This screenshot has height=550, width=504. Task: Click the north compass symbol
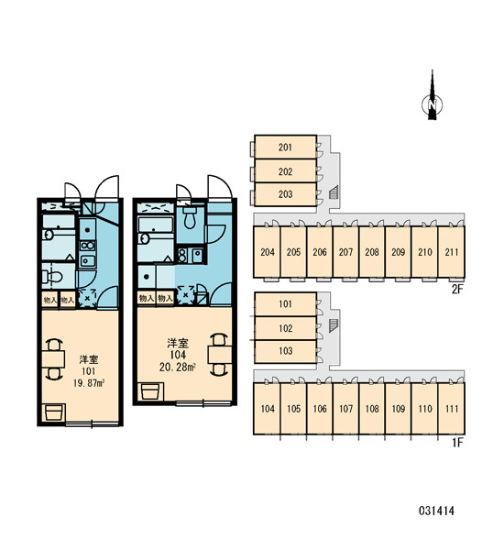pos(432,102)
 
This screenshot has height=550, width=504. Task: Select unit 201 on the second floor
pos(285,147)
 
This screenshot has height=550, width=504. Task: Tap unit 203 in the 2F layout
pos(285,194)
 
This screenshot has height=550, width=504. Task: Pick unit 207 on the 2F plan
pos(345,252)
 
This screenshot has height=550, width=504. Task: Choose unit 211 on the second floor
pos(452,252)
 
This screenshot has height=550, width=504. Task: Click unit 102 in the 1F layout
pos(285,328)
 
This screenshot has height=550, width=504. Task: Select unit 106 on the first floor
pos(320,409)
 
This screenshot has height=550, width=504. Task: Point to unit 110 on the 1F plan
pos(425,409)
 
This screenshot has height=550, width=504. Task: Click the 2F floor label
pos(457,289)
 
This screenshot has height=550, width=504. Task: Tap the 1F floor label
pos(457,443)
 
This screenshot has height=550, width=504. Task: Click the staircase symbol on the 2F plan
pos(334,192)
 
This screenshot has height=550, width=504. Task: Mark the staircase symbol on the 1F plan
pos(334,325)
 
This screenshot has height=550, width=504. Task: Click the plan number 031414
pos(436,511)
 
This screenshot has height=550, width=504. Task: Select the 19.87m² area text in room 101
pos(89,383)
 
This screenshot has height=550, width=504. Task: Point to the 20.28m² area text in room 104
pos(178,367)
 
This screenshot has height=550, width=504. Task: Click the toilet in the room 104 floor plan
pos(190,217)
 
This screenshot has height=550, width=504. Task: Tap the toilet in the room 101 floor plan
pos(52,277)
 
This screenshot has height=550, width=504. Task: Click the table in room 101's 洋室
pos(53,359)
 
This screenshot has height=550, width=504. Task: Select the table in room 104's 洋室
pos(220,355)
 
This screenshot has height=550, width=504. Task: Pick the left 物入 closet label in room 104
pos(147,298)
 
